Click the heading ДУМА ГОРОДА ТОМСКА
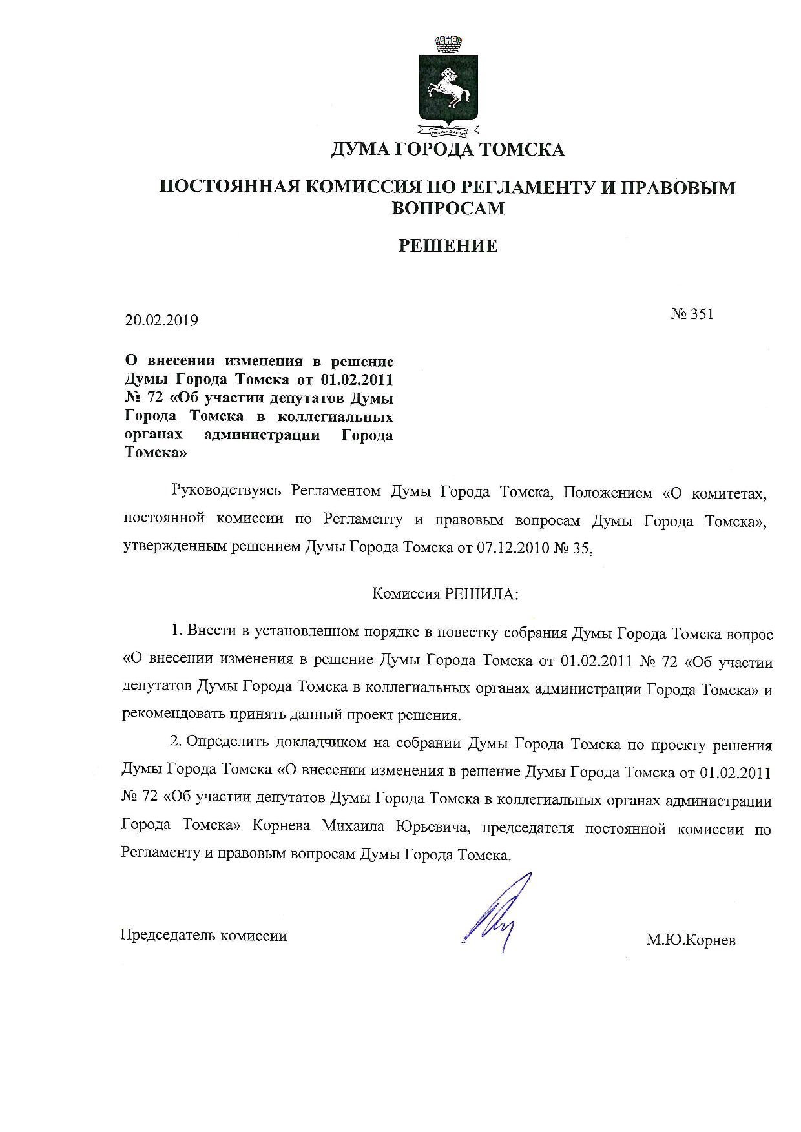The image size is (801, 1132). tap(448, 150)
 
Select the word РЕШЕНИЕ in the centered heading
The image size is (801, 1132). tap(448, 246)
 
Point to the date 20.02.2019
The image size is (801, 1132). tap(161, 320)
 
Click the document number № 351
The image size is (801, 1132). tap(692, 314)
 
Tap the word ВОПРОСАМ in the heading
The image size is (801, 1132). tap(448, 208)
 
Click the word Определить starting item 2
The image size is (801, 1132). tap(225, 742)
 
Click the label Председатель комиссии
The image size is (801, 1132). tap(203, 935)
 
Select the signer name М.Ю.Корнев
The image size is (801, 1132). tap(691, 940)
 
